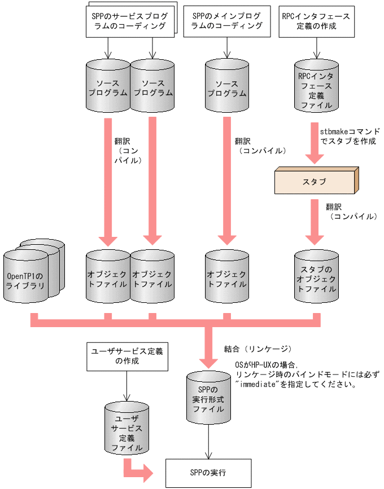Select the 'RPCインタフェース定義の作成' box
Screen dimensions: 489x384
316,21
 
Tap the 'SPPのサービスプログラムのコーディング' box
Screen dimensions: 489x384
128,21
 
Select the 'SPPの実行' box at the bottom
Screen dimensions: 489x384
208,472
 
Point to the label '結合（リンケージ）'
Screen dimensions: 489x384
258,348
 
